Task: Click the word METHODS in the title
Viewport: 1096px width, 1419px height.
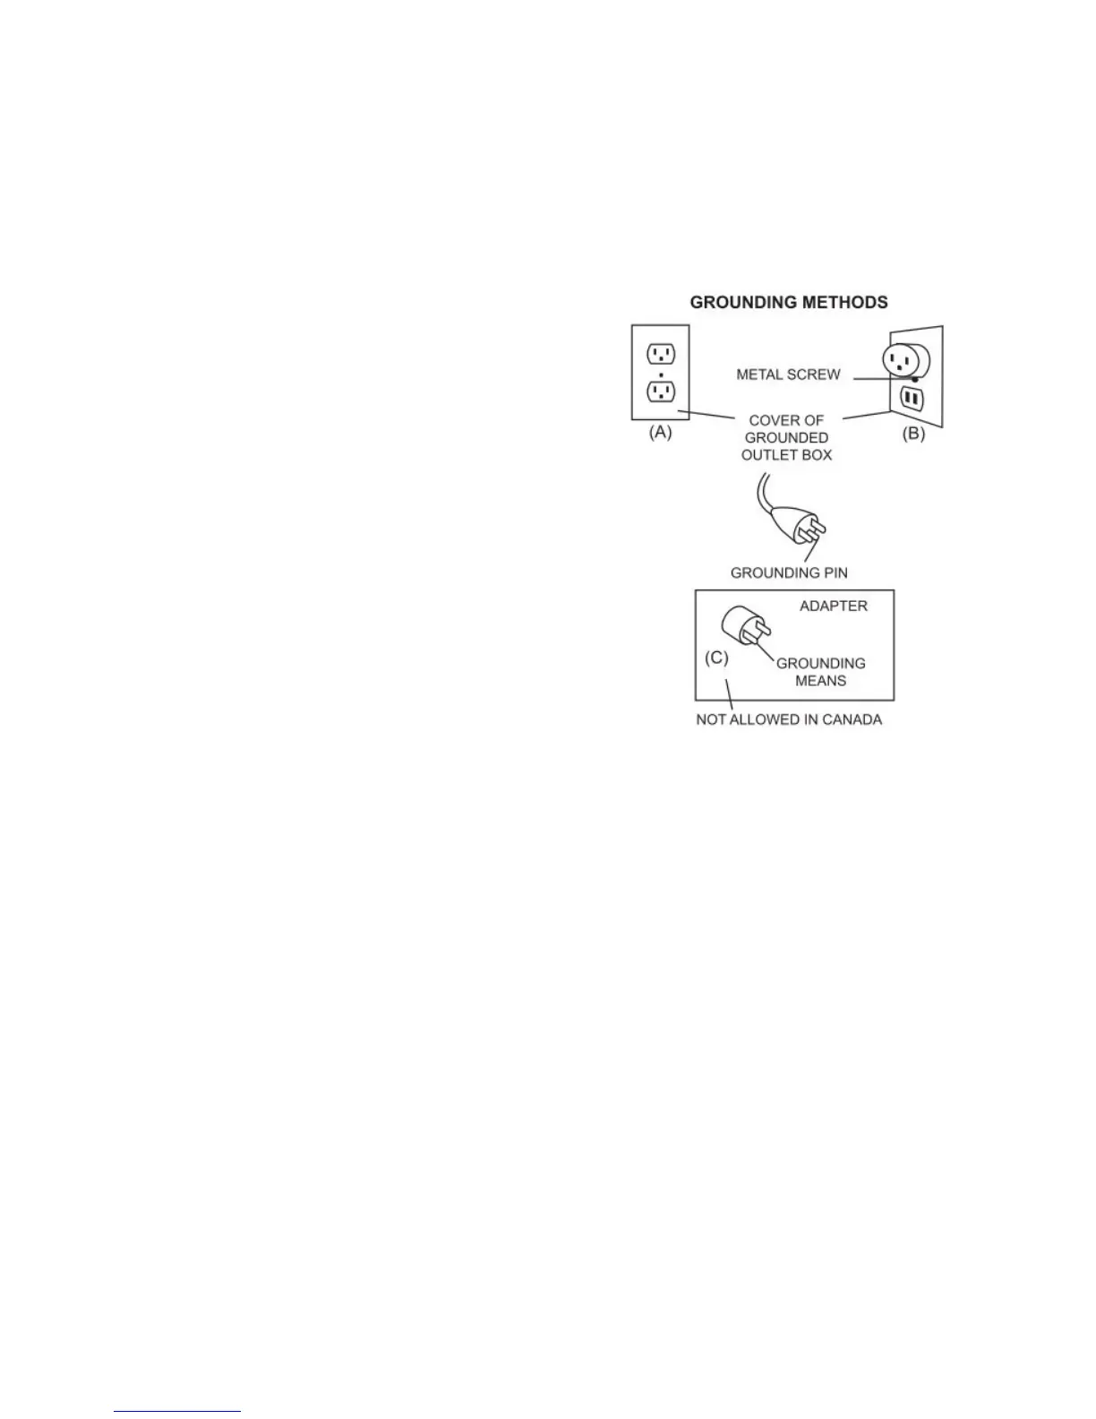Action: pos(846,303)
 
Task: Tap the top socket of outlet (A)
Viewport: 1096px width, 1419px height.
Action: pos(661,354)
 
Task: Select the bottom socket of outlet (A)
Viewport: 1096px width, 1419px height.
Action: pos(661,391)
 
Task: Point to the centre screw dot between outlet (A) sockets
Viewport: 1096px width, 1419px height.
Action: pos(661,373)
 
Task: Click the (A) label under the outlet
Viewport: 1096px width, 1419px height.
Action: pos(660,432)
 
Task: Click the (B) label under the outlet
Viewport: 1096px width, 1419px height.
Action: pos(912,434)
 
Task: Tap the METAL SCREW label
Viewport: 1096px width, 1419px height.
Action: pos(788,374)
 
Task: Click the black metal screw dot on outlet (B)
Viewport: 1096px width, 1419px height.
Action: pos(914,380)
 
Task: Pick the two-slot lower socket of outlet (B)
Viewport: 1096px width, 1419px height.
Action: pos(912,398)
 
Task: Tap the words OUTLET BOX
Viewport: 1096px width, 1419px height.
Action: pos(786,455)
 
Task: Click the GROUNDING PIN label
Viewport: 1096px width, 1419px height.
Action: pos(788,572)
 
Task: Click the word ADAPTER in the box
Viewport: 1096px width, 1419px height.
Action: pos(833,606)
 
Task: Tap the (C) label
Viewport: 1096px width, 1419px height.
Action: pos(716,658)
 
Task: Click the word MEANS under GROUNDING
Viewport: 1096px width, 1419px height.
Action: pos(820,681)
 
